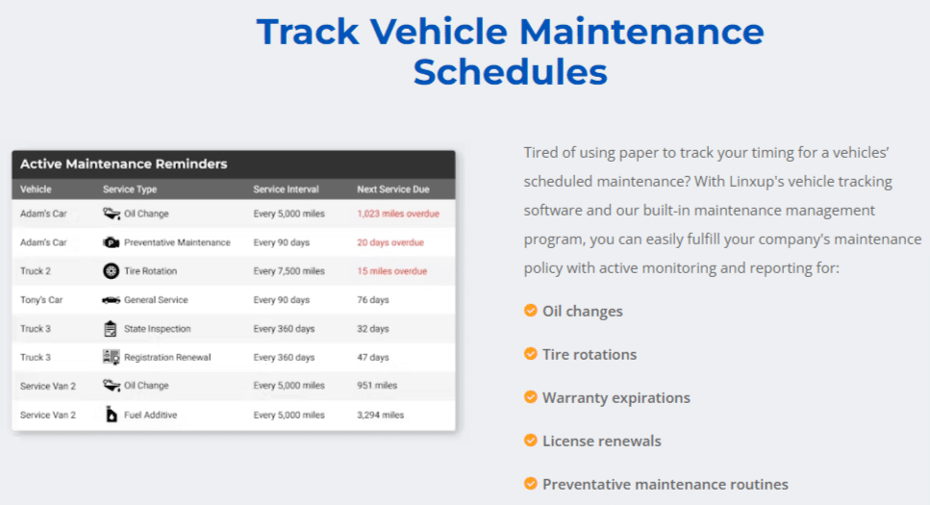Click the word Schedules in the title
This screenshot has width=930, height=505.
pyautogui.click(x=510, y=72)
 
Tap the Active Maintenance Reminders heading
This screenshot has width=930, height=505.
pyautogui.click(x=123, y=164)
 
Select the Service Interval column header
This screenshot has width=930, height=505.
pyautogui.click(x=286, y=189)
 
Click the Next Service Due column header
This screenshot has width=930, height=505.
pyautogui.click(x=392, y=189)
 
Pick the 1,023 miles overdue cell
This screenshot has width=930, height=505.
pyautogui.click(x=398, y=214)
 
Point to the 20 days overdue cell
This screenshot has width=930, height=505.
pyautogui.click(x=390, y=242)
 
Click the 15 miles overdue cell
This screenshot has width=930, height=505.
pyautogui.click(x=392, y=271)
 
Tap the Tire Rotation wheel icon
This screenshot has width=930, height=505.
pyautogui.click(x=111, y=271)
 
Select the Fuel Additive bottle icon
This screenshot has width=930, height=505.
pyautogui.click(x=111, y=415)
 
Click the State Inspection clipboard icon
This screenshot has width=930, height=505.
pyautogui.click(x=111, y=328)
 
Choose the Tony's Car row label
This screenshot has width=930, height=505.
pyautogui.click(x=41, y=300)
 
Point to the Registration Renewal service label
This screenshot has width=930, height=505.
pyautogui.click(x=167, y=357)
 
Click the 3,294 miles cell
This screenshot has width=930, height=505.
pyautogui.click(x=380, y=415)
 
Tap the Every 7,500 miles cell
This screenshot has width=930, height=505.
pyautogui.click(x=289, y=271)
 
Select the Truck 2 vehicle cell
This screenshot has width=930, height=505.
pyautogui.click(x=36, y=271)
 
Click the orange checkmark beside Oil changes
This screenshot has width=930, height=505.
pyautogui.click(x=531, y=311)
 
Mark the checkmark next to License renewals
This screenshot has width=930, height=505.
pyautogui.click(x=531, y=441)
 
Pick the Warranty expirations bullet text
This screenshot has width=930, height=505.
pyautogui.click(x=616, y=397)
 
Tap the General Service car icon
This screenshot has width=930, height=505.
pyautogui.click(x=111, y=300)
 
